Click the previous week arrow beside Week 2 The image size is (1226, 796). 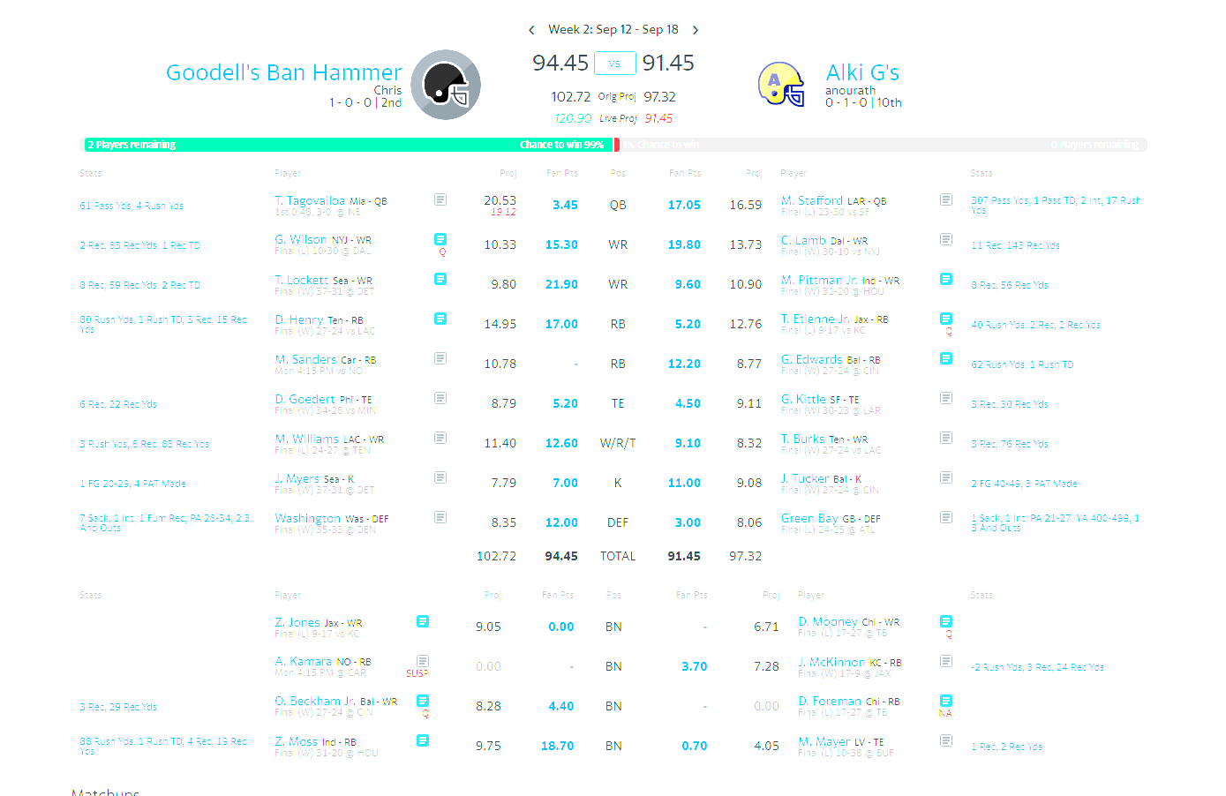click(x=531, y=30)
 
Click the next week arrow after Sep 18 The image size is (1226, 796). click(x=696, y=30)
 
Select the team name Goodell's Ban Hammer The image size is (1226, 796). click(x=283, y=72)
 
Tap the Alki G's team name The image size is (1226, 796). click(x=862, y=72)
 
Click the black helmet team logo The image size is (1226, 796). click(x=446, y=85)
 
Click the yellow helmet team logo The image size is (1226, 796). click(x=781, y=85)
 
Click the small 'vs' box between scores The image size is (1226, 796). click(x=614, y=64)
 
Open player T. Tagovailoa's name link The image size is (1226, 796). click(x=310, y=200)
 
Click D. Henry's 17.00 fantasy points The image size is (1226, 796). click(x=561, y=324)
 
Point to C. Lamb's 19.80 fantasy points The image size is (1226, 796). click(x=684, y=244)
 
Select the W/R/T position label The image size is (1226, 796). click(x=618, y=443)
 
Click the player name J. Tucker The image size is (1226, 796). click(x=805, y=478)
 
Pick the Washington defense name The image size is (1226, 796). click(x=307, y=518)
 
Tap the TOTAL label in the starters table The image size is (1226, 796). click(x=618, y=556)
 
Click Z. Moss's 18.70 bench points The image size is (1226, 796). click(x=557, y=746)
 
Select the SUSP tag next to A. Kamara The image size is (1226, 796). click(x=417, y=673)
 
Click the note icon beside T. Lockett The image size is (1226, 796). click(x=440, y=279)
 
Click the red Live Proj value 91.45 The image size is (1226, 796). click(x=658, y=118)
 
